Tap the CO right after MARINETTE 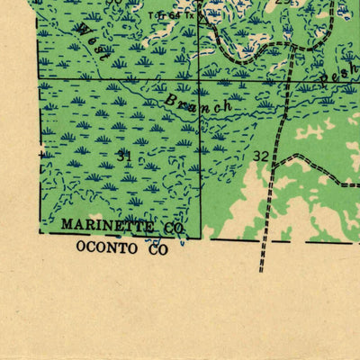coord(174,229)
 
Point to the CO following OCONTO coord(158,248)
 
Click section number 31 coord(124,156)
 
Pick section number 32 coord(260,156)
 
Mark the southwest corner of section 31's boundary coord(39,235)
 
